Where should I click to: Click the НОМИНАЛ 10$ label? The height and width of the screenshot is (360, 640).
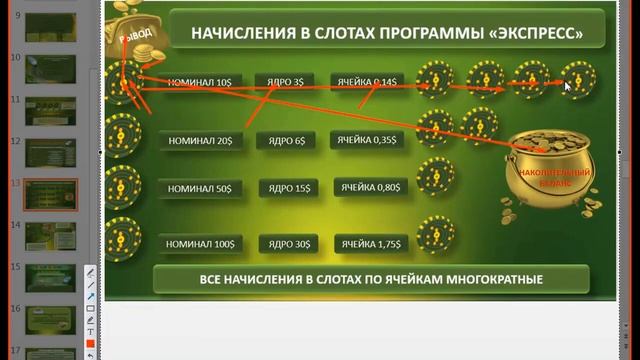(x=199, y=81)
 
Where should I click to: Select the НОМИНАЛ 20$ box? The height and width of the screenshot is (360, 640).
(x=199, y=141)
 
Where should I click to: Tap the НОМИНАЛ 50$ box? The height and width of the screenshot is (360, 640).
(x=199, y=188)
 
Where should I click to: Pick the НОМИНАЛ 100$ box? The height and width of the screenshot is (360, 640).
(x=199, y=243)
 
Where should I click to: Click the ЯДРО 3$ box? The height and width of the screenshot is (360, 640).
(x=285, y=81)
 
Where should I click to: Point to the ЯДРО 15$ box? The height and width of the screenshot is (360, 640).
(x=290, y=188)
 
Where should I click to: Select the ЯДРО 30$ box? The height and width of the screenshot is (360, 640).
(x=290, y=243)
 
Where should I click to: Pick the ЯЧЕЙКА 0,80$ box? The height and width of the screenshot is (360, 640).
(x=370, y=188)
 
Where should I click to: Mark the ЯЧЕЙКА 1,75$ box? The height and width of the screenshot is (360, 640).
(x=370, y=243)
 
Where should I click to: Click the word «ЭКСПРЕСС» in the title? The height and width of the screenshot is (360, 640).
(x=535, y=33)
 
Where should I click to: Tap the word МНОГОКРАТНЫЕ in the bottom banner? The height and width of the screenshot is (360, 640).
(x=478, y=279)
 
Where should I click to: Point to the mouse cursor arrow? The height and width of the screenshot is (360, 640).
(x=567, y=87)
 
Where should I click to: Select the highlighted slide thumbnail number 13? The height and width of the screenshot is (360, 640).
(x=50, y=196)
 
